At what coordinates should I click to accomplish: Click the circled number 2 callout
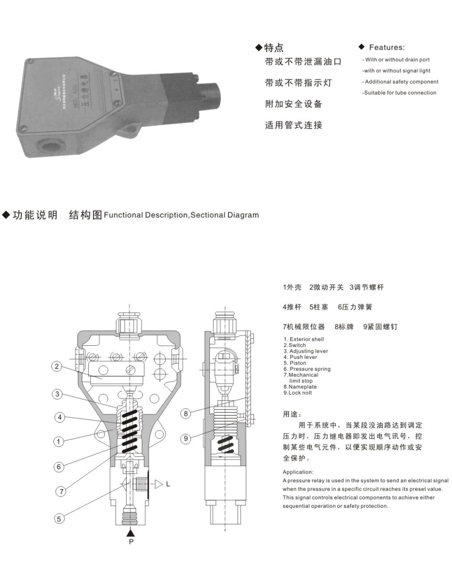click(x=57, y=367)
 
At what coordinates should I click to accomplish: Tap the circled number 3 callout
click(x=57, y=394)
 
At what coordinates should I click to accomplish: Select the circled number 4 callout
click(x=59, y=416)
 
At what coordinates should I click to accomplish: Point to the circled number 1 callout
click(x=59, y=442)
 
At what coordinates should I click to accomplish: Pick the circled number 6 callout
click(x=59, y=466)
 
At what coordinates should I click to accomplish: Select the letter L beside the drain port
click(x=168, y=484)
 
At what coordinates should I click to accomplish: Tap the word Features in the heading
click(x=387, y=47)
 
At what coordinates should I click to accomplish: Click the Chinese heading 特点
click(x=274, y=48)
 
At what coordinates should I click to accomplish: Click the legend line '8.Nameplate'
click(x=300, y=387)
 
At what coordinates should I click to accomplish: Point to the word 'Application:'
click(x=298, y=472)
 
